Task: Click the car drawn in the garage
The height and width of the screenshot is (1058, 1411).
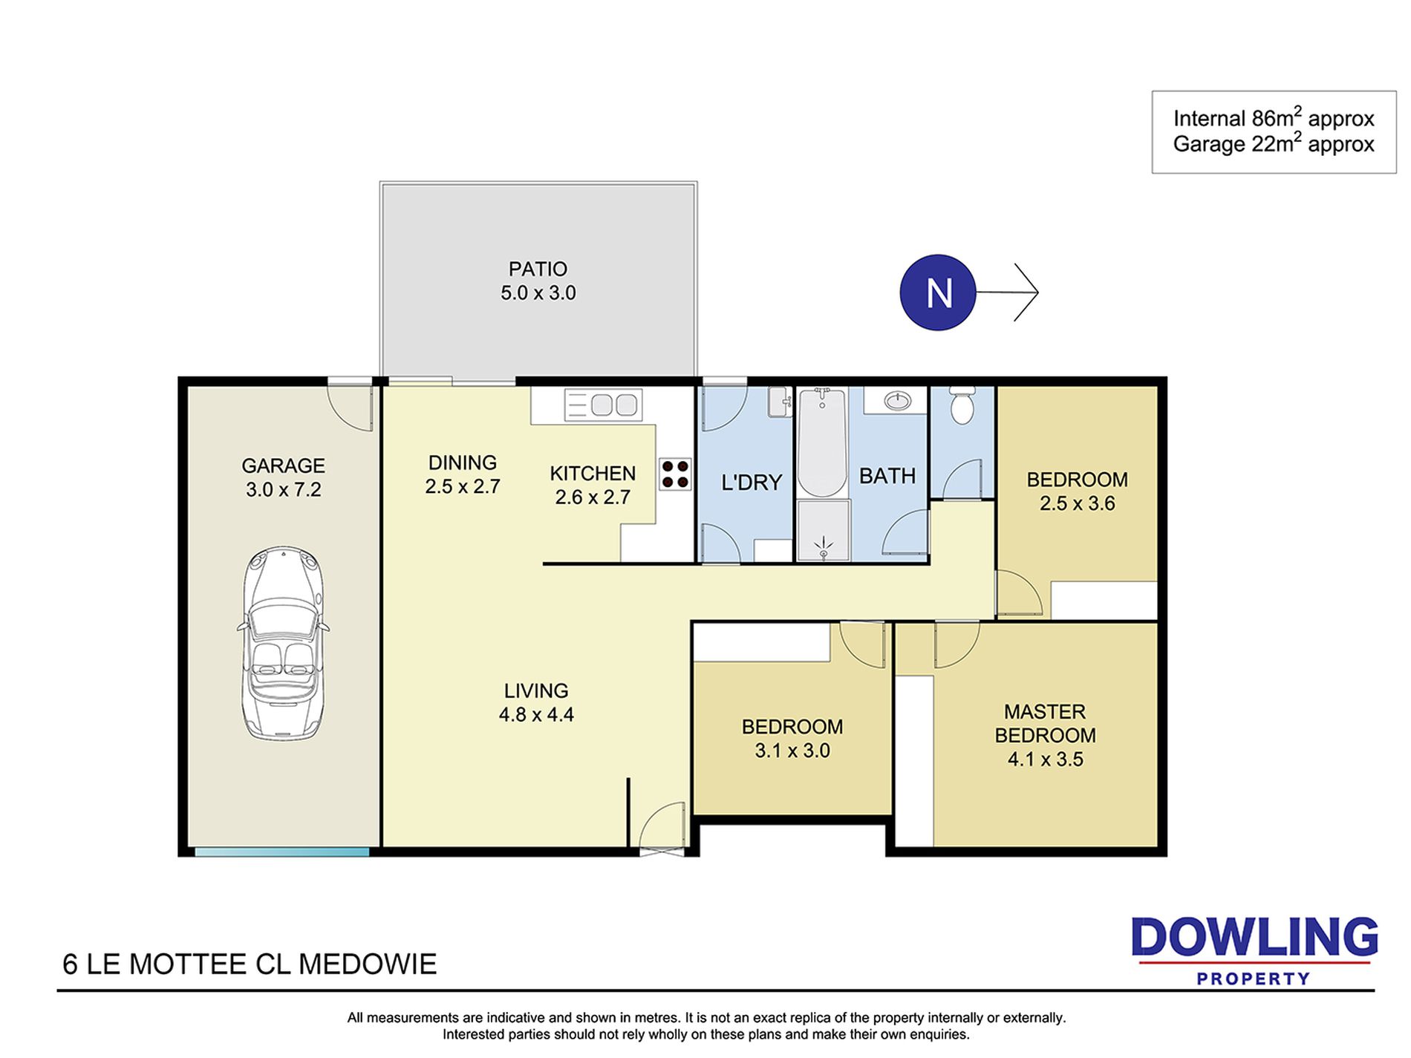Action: [283, 643]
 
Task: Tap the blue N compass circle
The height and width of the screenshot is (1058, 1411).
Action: [937, 293]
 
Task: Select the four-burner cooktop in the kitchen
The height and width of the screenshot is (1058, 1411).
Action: [675, 474]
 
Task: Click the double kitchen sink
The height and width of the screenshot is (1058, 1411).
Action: [603, 405]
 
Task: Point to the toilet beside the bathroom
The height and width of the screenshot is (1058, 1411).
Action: [962, 405]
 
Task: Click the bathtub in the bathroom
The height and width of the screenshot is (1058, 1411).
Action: [822, 443]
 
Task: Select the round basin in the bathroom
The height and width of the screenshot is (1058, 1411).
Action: [898, 402]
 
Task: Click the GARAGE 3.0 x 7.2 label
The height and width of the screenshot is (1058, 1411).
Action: [283, 477]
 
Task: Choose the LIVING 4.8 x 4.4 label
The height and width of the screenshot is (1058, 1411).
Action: [536, 702]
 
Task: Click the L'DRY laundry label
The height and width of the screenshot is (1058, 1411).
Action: [752, 483]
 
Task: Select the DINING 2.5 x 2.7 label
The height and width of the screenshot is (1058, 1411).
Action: [463, 474]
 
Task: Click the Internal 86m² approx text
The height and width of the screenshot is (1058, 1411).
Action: [1274, 117]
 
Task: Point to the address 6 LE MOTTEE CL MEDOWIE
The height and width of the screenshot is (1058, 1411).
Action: [250, 964]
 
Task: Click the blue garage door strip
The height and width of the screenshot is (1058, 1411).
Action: [282, 852]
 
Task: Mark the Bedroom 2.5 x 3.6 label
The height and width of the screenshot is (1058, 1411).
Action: [1077, 492]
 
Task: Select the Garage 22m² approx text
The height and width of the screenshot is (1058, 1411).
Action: [1274, 143]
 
